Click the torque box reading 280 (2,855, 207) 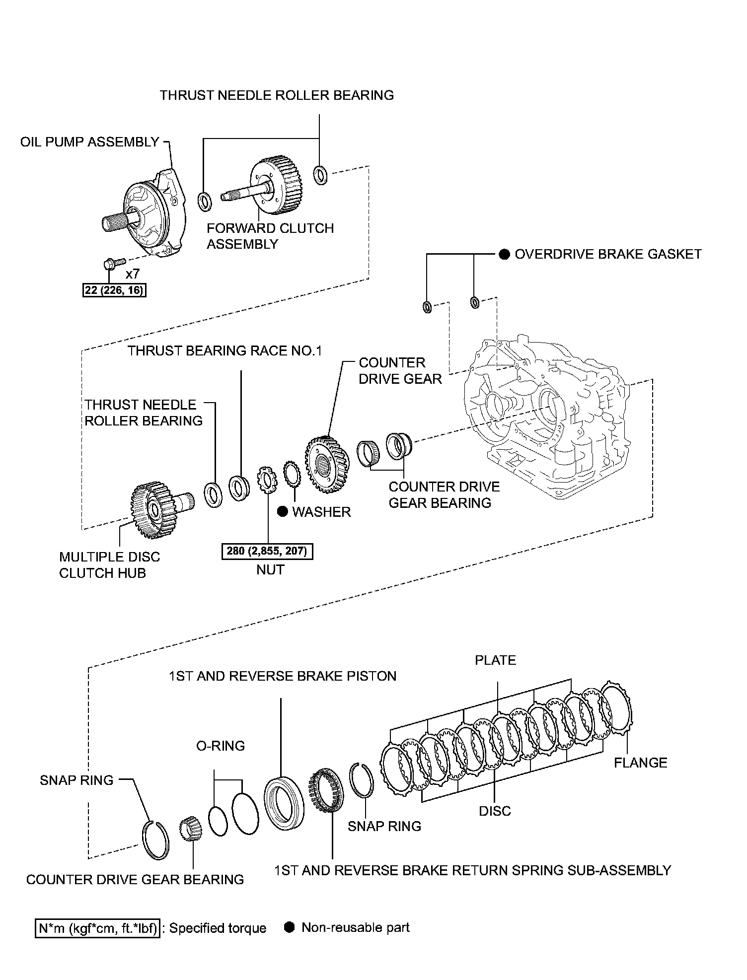pyautogui.click(x=267, y=551)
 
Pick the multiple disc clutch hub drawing pyautogui.click(x=151, y=509)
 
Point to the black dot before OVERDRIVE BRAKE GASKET pyautogui.click(x=504, y=255)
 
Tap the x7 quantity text pyautogui.click(x=133, y=274)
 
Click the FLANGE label pyautogui.click(x=640, y=763)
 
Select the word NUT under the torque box pyautogui.click(x=270, y=570)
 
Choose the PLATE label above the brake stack pyautogui.click(x=495, y=660)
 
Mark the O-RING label pyautogui.click(x=221, y=746)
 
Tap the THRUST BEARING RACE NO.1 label pyautogui.click(x=224, y=351)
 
